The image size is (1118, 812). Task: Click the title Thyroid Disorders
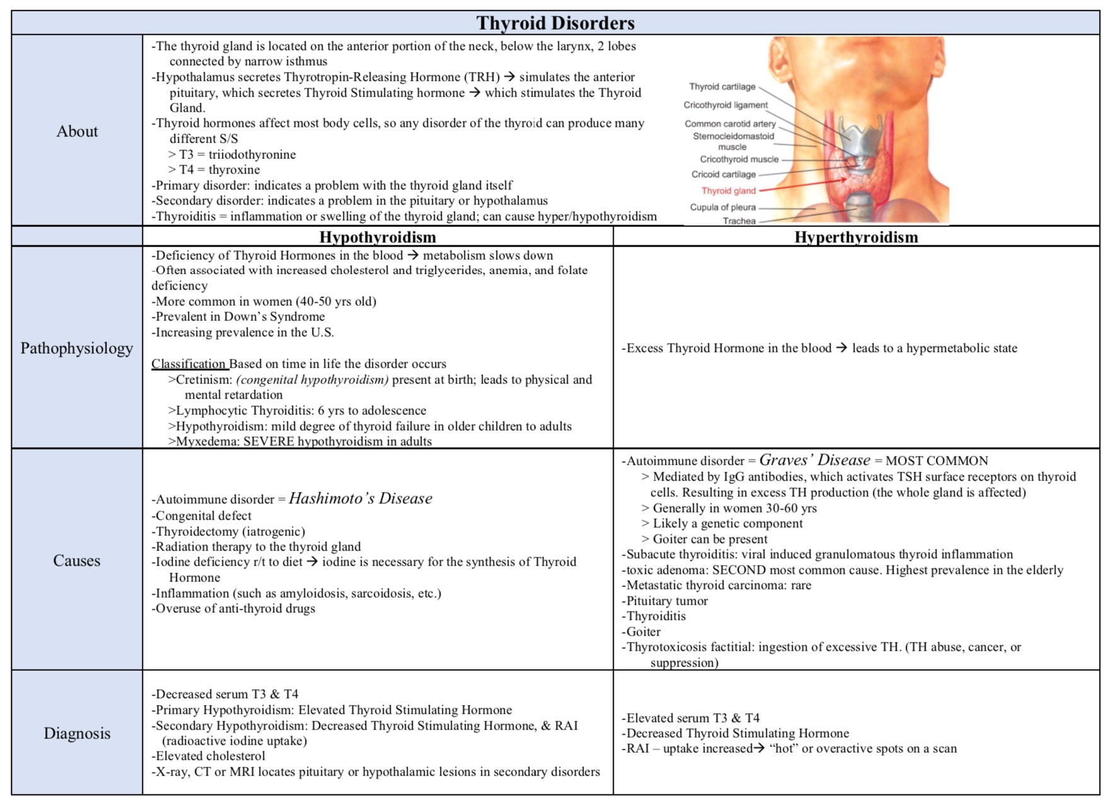[555, 23]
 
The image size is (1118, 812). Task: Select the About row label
[77, 131]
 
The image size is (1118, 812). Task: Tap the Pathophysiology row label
[77, 348]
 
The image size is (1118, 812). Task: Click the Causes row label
[77, 560]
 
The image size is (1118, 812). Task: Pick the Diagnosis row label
[77, 733]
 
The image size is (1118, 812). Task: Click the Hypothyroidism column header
[377, 237]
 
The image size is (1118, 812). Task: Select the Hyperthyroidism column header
[856, 237]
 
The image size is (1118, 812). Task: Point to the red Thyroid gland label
[728, 190]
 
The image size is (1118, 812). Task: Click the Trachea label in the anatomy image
[739, 221]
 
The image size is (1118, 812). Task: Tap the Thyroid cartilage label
[722, 86]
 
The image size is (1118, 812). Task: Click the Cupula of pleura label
[722, 207]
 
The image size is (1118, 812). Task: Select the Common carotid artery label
[730, 124]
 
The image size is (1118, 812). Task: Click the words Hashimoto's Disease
[360, 499]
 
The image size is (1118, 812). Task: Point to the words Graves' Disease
[814, 460]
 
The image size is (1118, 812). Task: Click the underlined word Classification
[188, 364]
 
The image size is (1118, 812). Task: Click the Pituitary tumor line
[667, 601]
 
